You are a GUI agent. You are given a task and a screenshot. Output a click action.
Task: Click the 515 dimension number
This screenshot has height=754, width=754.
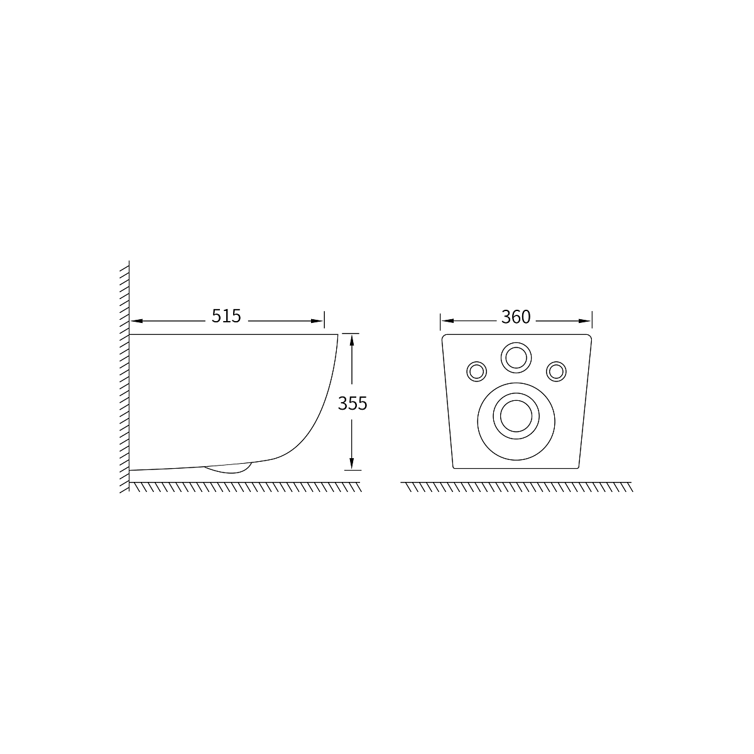pos(226,316)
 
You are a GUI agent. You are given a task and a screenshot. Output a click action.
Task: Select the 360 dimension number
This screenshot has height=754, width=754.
pos(516,317)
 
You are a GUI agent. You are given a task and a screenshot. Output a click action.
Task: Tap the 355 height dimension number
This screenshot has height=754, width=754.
pos(352,403)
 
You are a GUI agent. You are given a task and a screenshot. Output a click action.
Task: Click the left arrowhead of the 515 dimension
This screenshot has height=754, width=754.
pos(137,321)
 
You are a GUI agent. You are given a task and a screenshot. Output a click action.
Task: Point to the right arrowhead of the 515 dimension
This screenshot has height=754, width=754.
pos(317,321)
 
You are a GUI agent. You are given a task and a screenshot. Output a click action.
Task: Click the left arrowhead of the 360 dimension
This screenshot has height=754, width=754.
pos(447,321)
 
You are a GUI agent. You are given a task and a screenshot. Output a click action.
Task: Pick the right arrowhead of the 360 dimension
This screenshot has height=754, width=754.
pos(584,321)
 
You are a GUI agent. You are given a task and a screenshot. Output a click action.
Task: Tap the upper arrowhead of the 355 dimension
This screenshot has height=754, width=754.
pos(352,341)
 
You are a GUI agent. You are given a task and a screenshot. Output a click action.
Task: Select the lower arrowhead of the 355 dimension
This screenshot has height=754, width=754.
pos(352,464)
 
